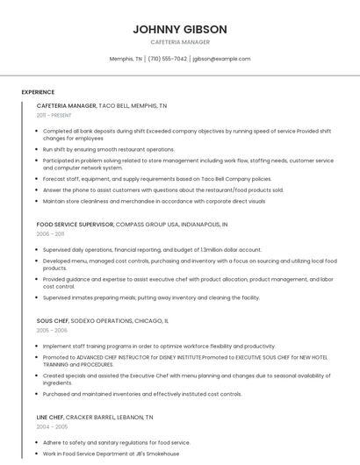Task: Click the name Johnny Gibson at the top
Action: click(x=180, y=29)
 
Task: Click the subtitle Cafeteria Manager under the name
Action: click(x=180, y=42)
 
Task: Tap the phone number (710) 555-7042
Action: click(x=168, y=59)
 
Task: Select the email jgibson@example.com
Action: click(x=221, y=59)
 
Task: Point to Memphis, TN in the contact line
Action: click(x=126, y=59)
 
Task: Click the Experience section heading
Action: click(x=38, y=92)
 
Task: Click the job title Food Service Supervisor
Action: click(x=75, y=225)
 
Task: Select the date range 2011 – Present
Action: click(x=54, y=115)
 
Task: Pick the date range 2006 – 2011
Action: click(x=50, y=234)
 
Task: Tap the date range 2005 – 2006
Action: click(x=51, y=331)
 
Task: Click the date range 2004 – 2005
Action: click(x=51, y=427)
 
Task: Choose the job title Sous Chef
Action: click(x=54, y=321)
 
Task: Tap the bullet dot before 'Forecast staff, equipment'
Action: click(x=39, y=178)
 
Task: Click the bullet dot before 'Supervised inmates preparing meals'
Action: click(x=39, y=297)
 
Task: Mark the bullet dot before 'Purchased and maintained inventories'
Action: click(x=39, y=394)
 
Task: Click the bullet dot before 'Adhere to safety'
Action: click(x=39, y=443)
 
